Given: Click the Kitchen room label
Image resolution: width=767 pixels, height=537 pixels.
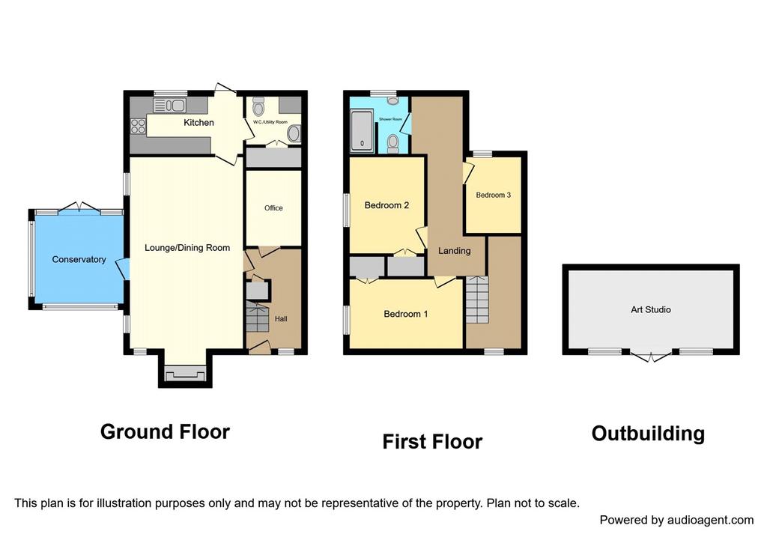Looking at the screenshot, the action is pyautogui.click(x=198, y=122).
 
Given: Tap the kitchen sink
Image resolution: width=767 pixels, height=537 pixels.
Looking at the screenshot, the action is pyautogui.click(x=169, y=105).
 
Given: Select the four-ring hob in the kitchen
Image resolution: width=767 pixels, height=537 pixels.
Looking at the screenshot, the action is pyautogui.click(x=139, y=126).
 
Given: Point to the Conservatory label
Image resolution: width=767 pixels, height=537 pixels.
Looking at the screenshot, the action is pyautogui.click(x=79, y=259).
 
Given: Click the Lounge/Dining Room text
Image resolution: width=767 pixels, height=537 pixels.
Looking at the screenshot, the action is pyautogui.click(x=187, y=248).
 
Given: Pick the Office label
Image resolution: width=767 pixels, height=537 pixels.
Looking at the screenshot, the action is pyautogui.click(x=273, y=208).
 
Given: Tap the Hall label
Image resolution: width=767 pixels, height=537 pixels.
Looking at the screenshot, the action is pyautogui.click(x=281, y=319).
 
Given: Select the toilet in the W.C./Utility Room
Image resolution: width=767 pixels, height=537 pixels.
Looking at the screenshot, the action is pyautogui.click(x=258, y=106).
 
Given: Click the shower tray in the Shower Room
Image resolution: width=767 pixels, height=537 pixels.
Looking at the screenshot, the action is pyautogui.click(x=363, y=131).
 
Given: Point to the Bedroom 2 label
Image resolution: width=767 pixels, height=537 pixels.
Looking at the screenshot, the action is pyautogui.click(x=386, y=205).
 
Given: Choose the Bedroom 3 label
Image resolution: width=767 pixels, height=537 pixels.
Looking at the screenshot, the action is pyautogui.click(x=493, y=195).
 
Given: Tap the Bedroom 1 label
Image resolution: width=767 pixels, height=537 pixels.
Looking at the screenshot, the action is pyautogui.click(x=405, y=314).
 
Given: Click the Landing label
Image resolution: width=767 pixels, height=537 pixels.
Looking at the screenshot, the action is pyautogui.click(x=455, y=251).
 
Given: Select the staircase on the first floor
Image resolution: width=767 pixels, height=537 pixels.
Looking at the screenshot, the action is pyautogui.click(x=477, y=300).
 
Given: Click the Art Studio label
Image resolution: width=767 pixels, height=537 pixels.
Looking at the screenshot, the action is pyautogui.click(x=651, y=309).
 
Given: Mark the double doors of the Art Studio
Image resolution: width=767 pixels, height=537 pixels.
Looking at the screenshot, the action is pyautogui.click(x=651, y=356).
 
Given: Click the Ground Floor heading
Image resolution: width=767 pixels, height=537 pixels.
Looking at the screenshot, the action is pyautogui.click(x=165, y=432).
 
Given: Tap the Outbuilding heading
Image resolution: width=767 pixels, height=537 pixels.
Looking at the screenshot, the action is pyautogui.click(x=648, y=434).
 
